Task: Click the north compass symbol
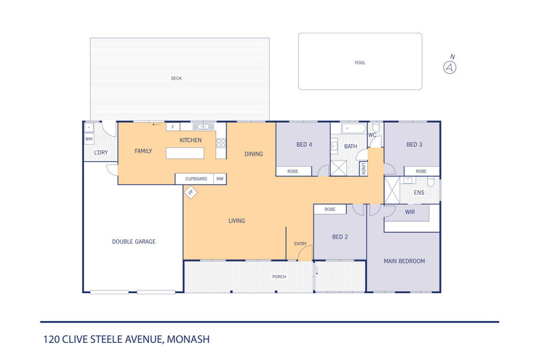[x=450, y=66]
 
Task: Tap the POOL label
[x=360, y=63]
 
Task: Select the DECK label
[x=176, y=79]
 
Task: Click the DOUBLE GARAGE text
[x=134, y=241]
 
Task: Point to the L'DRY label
[x=100, y=152]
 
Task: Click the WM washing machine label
[x=89, y=139]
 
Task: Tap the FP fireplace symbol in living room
[x=191, y=193]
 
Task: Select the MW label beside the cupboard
[x=220, y=179]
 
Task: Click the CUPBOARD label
[x=195, y=179]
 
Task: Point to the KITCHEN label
[x=191, y=140]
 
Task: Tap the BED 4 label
[x=304, y=145]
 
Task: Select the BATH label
[x=351, y=146]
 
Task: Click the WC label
[x=372, y=135]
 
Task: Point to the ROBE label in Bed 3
[x=421, y=171]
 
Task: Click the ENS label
[x=419, y=193]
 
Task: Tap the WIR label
[x=410, y=212]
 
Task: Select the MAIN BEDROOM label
[x=404, y=261]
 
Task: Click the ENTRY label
[x=300, y=244]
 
